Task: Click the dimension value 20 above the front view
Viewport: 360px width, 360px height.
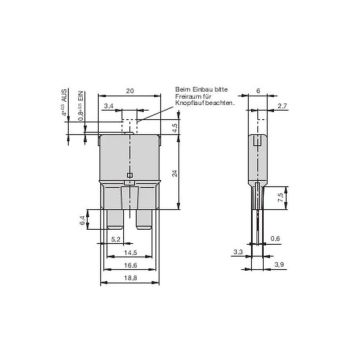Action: click(130, 89)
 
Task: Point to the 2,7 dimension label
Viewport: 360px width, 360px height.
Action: click(281, 103)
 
